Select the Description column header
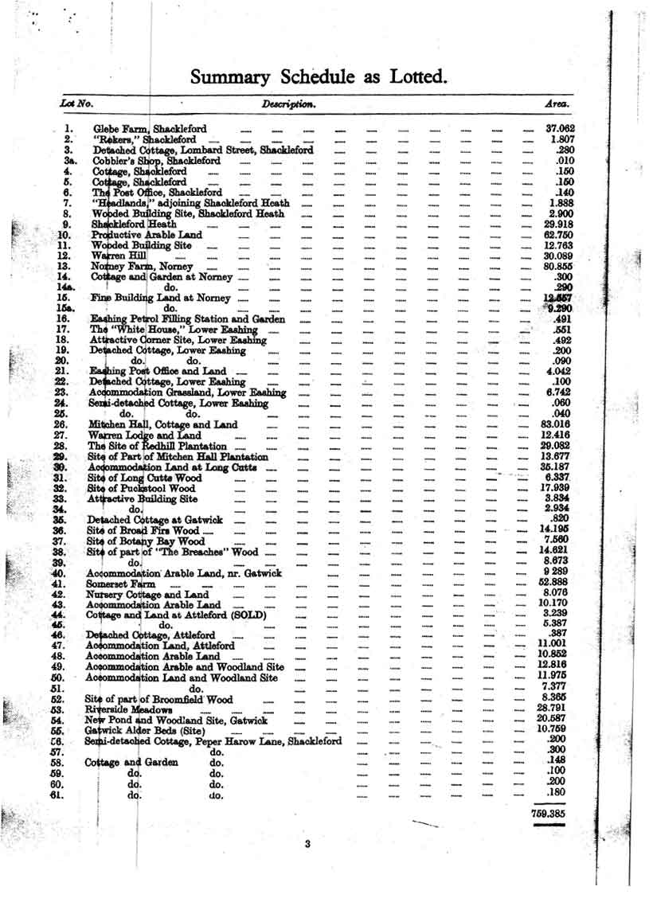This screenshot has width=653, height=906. coord(290,104)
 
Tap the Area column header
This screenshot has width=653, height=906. coord(556,104)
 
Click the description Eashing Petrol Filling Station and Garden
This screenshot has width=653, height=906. coord(194,317)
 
